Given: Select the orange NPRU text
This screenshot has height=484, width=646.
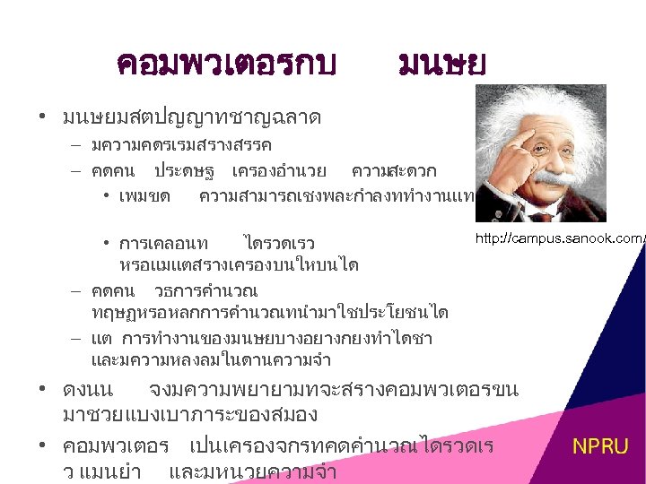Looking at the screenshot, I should [x=600, y=446].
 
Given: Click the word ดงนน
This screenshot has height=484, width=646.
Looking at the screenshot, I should [x=88, y=391].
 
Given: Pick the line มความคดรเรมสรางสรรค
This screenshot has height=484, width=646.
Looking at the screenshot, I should [x=181, y=144].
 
